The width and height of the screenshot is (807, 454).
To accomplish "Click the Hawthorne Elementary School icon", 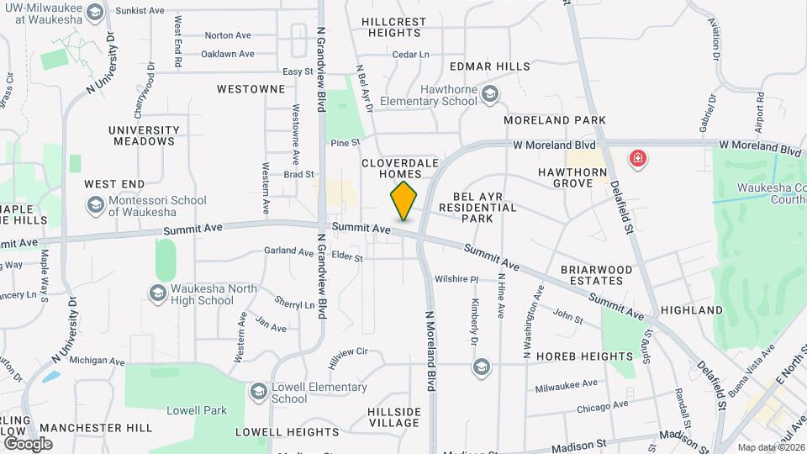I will [x=489, y=94].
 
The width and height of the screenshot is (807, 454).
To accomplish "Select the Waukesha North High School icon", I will [x=157, y=293].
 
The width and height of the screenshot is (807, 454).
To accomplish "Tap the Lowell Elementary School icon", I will [x=258, y=392].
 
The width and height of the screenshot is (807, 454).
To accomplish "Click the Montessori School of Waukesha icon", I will [x=95, y=205].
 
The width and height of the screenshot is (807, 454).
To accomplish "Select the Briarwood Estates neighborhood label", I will [x=596, y=275].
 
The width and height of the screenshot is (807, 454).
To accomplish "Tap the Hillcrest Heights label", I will [x=391, y=27].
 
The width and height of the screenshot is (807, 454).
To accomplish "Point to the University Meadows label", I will [x=144, y=135].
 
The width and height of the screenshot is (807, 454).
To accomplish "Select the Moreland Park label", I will [x=555, y=120].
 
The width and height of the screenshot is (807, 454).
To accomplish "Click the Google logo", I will [x=28, y=443].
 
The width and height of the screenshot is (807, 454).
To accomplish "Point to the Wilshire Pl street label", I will [x=456, y=279].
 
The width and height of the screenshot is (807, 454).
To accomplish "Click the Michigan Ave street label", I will [x=97, y=361].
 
